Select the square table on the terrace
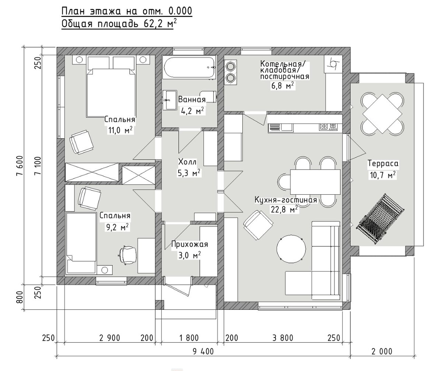382,114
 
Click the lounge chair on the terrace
380,218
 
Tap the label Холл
187,162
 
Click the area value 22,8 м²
284,209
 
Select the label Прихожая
189,245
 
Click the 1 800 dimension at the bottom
189,338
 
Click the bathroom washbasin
169,100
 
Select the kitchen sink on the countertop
287,127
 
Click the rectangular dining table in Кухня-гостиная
315,182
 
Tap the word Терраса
383,164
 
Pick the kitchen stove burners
328,127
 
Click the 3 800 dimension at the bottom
283,338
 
